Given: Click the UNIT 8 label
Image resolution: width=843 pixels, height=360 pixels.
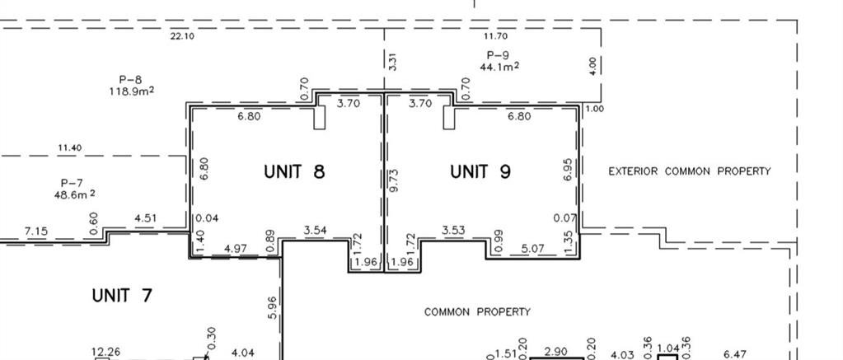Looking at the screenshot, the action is point(295,171).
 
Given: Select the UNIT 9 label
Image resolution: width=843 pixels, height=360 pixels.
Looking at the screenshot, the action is point(480,171).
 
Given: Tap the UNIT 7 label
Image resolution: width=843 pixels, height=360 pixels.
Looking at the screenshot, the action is point(122,296).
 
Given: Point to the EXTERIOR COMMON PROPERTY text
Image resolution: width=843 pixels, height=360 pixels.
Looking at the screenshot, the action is point(689,171).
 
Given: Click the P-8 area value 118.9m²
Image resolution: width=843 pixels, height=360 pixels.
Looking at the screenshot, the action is point(132,91).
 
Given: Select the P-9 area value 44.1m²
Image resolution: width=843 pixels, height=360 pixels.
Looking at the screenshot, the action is point(499,66).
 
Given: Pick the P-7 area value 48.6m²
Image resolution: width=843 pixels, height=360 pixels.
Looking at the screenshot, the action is point(75,194).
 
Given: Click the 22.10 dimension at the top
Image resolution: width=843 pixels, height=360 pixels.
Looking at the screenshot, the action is point(182,36).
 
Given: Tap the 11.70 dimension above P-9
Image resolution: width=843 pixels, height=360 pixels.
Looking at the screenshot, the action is point(495,36).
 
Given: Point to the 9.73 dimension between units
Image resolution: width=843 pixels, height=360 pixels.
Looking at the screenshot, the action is point(394,180).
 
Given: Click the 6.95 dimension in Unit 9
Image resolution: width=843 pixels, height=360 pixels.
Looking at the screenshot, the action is point(569,169).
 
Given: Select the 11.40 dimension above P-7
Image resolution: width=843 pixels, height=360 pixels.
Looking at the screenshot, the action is point(70,147).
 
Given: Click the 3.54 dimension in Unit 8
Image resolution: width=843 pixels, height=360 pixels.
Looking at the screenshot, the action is point(315,231).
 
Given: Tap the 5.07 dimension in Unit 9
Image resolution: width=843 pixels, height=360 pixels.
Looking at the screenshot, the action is point(533,249).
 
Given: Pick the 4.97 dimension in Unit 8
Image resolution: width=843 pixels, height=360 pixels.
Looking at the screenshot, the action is point(236,249).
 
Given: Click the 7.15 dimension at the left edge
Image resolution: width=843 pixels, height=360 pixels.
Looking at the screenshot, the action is point(36,231).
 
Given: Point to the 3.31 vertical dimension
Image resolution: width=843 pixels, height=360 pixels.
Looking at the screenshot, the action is point(392,61).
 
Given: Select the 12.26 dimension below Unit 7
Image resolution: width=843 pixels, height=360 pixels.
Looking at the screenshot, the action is point(106,353).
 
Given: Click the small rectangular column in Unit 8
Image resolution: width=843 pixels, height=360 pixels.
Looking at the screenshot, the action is point(320,118).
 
